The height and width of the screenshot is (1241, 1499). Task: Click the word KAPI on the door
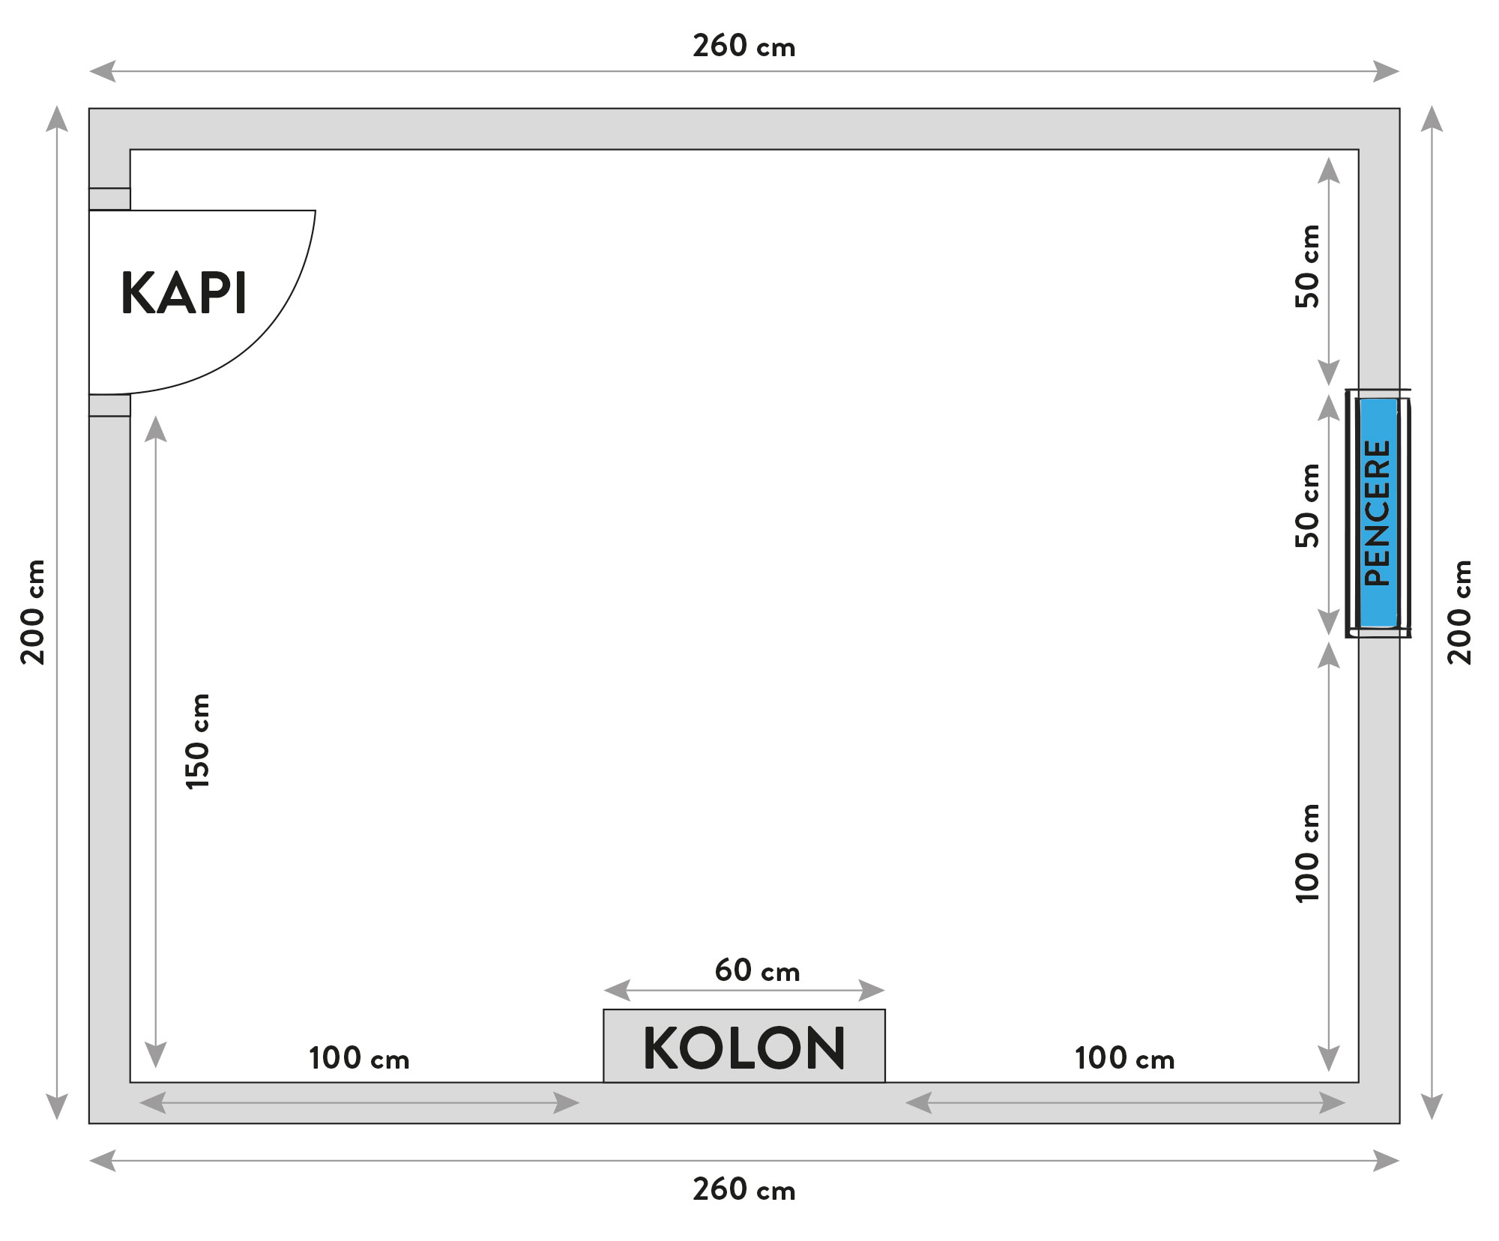coord(184,293)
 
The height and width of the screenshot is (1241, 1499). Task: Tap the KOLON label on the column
coord(744,1048)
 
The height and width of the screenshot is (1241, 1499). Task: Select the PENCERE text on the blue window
coord(1378,513)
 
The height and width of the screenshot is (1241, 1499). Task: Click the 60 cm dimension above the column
coord(757,970)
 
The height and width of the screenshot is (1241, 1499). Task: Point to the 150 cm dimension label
coord(198,741)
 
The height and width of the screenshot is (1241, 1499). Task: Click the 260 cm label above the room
coord(744,46)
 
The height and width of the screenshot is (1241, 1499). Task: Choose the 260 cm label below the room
coord(744,1189)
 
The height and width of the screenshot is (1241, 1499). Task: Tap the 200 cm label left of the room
coord(34,612)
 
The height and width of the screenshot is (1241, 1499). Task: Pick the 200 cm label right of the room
coord(1459,612)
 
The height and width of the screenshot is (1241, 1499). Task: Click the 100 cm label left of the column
coord(359,1058)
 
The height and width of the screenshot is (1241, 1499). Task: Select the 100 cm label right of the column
coord(1124,1058)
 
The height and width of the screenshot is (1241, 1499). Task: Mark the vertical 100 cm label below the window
coord(1307,854)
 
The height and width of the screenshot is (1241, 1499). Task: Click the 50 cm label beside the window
coord(1307,506)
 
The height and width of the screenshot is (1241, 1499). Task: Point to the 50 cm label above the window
coord(1307,266)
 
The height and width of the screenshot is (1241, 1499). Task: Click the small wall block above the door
coord(109,199)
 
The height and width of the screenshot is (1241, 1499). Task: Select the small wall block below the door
coord(109,405)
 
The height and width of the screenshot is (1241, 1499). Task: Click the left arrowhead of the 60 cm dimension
coord(616,991)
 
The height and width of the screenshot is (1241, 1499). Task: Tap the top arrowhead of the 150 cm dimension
coord(155,429)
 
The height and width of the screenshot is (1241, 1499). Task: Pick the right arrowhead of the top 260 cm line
coord(1386,71)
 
